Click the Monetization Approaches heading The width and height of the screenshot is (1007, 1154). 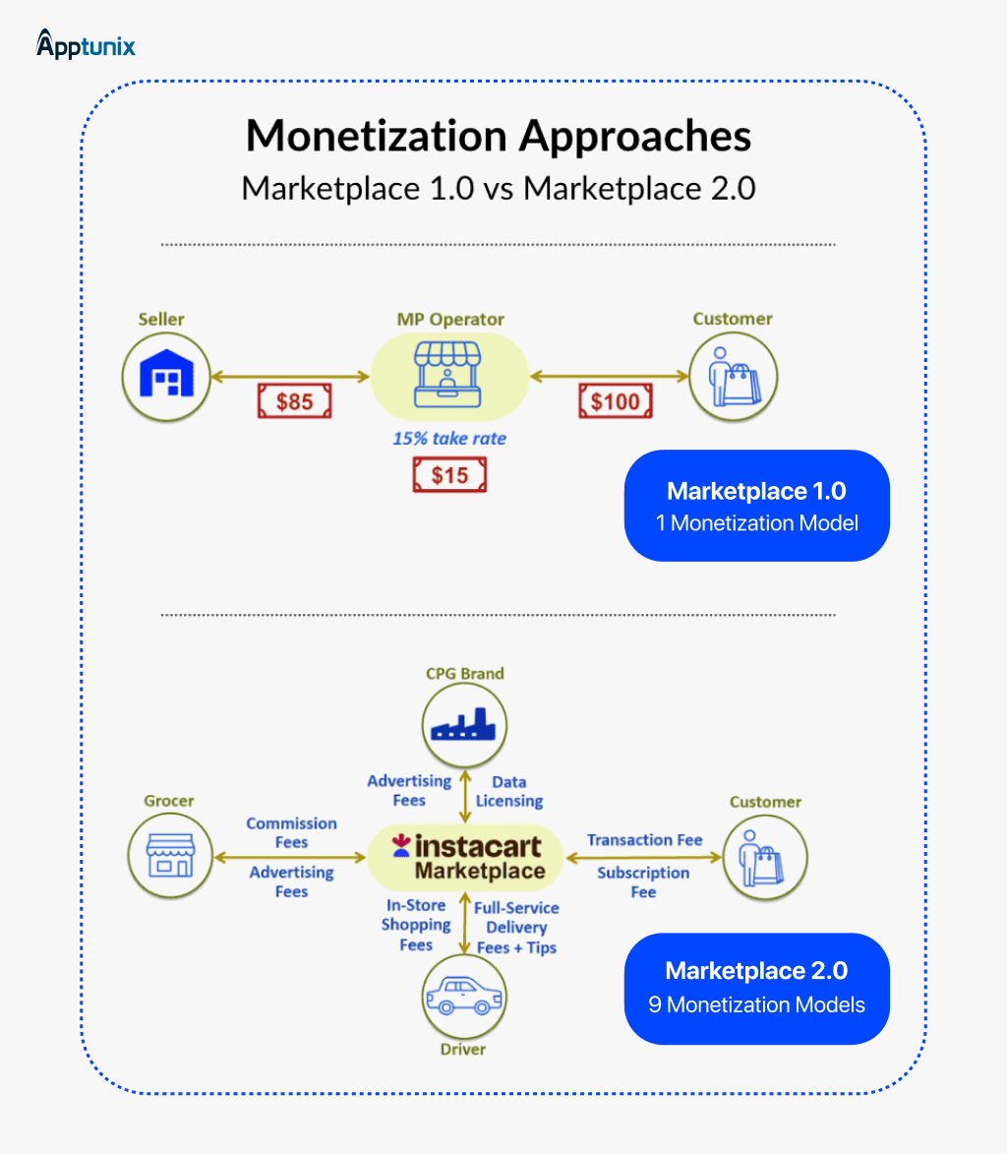[x=499, y=136]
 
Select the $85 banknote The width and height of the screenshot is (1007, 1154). [x=294, y=401]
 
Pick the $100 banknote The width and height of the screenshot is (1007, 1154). [x=615, y=401]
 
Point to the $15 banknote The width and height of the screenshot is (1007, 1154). [x=449, y=476]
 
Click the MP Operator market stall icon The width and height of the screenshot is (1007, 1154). [x=449, y=373]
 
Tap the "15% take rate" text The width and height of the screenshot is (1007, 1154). [x=449, y=438]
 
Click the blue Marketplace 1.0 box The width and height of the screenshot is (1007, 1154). [x=756, y=506]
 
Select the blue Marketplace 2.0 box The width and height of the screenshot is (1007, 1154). [x=756, y=988]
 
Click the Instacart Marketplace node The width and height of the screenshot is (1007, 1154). [x=465, y=858]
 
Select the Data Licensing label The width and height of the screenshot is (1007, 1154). [x=508, y=791]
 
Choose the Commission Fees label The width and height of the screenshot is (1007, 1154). [x=291, y=832]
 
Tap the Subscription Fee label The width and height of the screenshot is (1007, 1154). [x=642, y=881]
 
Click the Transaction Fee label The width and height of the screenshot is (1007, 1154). [x=644, y=839]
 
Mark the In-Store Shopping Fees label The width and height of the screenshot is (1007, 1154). [x=415, y=925]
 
